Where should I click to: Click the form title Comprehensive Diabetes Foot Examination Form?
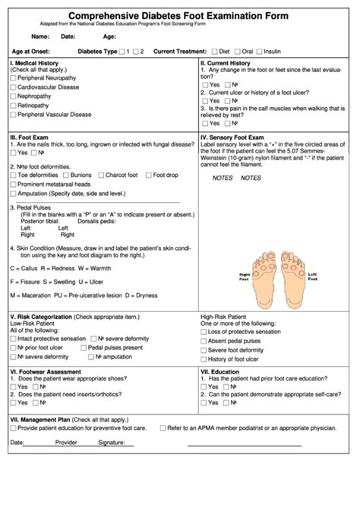(x=180, y=15)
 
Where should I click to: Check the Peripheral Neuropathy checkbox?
(x=13, y=78)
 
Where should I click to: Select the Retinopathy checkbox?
(x=13, y=106)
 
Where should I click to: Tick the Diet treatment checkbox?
(x=215, y=51)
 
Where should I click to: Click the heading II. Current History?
(x=225, y=63)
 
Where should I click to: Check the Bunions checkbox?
(x=65, y=175)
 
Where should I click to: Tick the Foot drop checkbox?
(x=148, y=175)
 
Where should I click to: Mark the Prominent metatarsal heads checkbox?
(x=13, y=185)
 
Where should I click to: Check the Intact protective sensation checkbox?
(x=13, y=339)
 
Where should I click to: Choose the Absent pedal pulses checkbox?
(x=204, y=342)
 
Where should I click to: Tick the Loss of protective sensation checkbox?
(x=204, y=333)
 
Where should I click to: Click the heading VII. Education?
(x=221, y=372)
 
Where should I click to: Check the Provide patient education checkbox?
(x=13, y=428)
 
